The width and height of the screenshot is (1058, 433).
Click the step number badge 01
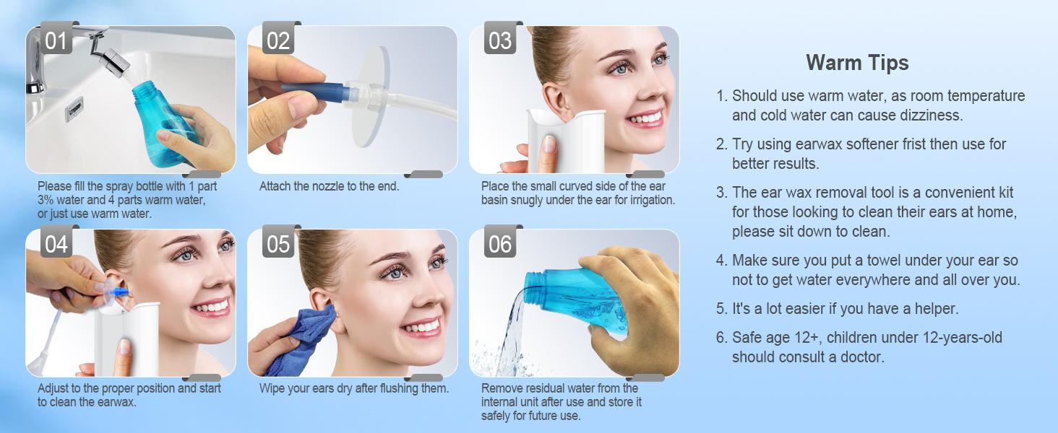click(56, 40)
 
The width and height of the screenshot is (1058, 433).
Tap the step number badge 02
click(278, 40)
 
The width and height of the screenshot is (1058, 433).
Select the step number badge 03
click(499, 40)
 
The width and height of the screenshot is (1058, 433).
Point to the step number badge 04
click(56, 244)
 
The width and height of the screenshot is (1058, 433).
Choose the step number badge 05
click(278, 244)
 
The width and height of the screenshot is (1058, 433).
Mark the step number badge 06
click(499, 244)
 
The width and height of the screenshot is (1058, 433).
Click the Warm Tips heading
click(857, 63)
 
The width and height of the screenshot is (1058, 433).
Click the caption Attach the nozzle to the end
click(329, 186)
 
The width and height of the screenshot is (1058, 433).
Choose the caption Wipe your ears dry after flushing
click(353, 388)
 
